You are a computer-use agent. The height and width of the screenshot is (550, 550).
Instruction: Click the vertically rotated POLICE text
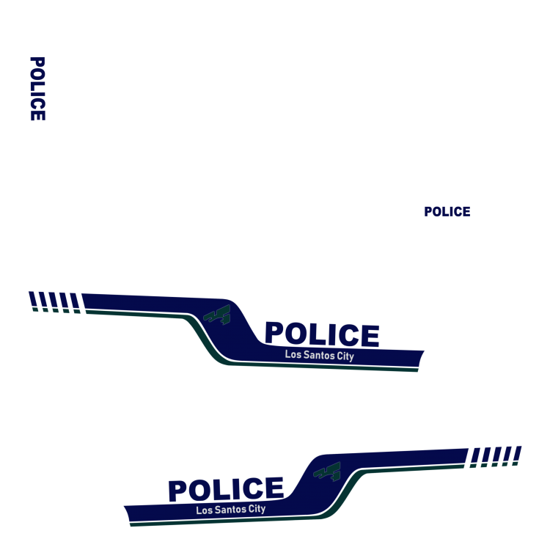click(x=37, y=89)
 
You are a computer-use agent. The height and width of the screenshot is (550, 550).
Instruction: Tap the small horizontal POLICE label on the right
click(x=447, y=212)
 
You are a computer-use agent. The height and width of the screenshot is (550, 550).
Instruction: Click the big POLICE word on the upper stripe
click(x=321, y=334)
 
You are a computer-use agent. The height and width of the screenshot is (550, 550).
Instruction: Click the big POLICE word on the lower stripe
click(x=225, y=490)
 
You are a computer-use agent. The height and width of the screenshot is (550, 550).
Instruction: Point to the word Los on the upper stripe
click(x=293, y=355)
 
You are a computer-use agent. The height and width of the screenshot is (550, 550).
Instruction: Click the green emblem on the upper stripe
click(x=217, y=314)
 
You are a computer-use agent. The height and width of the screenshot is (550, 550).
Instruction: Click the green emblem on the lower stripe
click(x=328, y=471)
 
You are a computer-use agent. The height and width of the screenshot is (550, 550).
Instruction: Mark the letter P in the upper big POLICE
click(x=274, y=334)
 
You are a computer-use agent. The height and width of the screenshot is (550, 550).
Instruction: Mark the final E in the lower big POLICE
click(x=274, y=488)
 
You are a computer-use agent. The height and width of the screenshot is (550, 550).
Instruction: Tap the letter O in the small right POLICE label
click(x=438, y=212)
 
